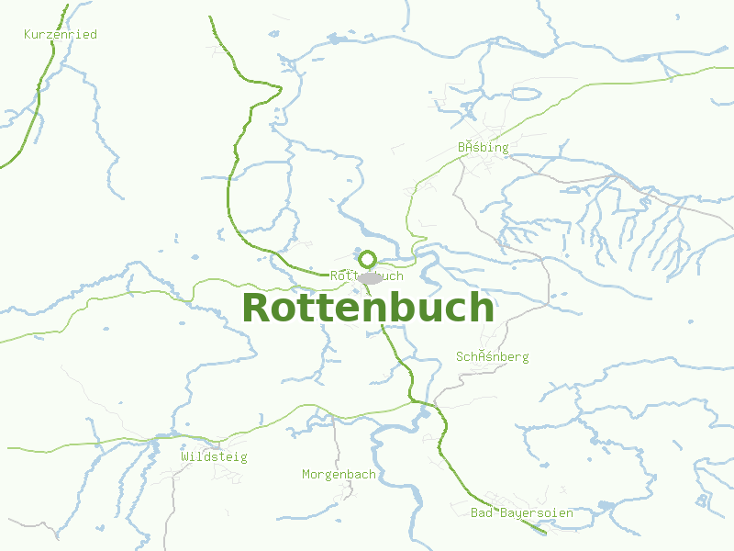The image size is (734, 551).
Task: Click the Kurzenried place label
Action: pos(60,34)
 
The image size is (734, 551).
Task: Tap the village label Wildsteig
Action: pos(214,456)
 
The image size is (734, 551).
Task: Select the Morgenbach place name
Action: pos(339,475)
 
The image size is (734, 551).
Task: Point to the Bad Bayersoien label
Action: pos(521,512)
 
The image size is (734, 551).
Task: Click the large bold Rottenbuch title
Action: pos(368,308)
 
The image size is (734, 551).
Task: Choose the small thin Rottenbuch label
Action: pos(366,275)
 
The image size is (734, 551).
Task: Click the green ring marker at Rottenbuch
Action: pos(368,259)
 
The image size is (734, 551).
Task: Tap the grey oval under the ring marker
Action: pos(370,278)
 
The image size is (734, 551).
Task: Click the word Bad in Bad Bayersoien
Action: pos(482,512)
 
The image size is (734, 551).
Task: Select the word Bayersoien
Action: pos(537,512)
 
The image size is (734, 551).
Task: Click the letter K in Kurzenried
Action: pos(28,34)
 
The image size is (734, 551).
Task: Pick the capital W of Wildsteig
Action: pos(184,456)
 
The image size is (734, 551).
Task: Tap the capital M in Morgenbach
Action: pos(306,475)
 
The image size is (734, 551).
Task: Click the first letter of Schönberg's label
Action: pos(460,356)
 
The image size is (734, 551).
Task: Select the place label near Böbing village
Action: pos(483,147)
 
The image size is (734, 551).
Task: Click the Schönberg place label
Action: pos(492,356)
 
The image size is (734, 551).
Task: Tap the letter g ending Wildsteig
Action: pos(243,457)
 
